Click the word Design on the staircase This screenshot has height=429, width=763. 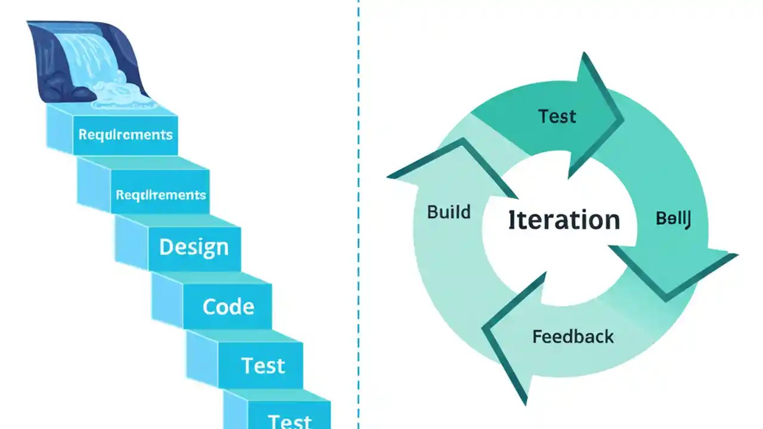tap(194, 247)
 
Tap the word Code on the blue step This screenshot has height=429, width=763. tap(228, 306)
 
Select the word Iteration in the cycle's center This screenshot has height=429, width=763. tap(564, 220)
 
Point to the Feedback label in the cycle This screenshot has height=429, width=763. tap(573, 337)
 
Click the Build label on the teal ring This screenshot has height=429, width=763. tap(449, 212)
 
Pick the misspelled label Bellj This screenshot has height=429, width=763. tap(673, 219)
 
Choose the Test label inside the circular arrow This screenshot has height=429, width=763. tap(557, 116)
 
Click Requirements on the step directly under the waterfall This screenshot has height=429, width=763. tap(125, 134)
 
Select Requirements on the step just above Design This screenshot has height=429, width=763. tap(160, 195)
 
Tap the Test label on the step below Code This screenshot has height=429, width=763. tap(263, 365)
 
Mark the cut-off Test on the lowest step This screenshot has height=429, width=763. tap(290, 421)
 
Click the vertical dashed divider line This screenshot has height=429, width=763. tap(359, 214)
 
